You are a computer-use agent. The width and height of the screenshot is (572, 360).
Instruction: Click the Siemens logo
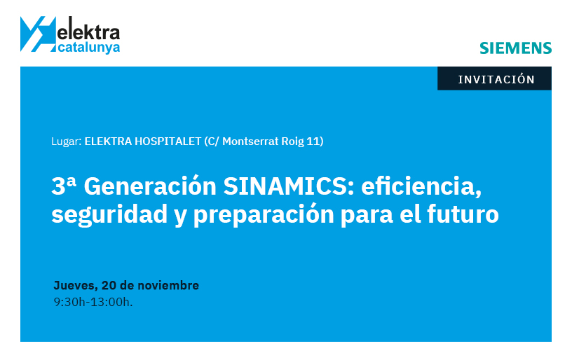(515, 48)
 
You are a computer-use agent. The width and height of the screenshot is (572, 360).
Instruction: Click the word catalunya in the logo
(88, 48)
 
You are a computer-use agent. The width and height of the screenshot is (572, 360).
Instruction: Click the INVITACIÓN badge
(496, 79)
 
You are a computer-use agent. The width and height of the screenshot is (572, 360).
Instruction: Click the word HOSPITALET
(166, 141)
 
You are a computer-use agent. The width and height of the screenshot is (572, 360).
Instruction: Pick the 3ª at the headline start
(64, 187)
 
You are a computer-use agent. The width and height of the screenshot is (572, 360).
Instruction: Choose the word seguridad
(107, 214)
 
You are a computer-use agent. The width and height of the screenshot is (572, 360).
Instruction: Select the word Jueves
(74, 286)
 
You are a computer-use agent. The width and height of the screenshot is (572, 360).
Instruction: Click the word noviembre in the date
(168, 286)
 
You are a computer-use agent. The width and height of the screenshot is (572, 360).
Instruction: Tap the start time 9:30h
(69, 303)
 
